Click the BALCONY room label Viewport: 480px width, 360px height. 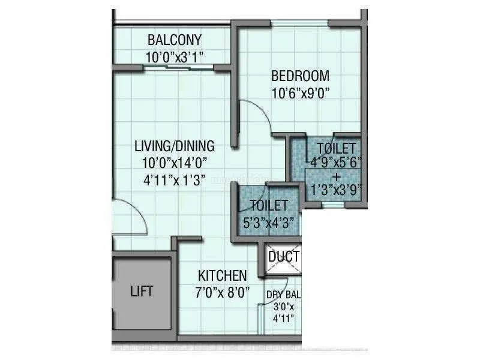tap(175, 40)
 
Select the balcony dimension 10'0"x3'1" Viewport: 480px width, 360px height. tap(175, 57)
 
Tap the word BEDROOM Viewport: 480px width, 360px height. tap(301, 76)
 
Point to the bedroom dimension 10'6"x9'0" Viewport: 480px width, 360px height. tap(301, 94)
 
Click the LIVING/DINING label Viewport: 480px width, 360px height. tap(175, 146)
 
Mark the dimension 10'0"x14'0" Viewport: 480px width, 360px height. tap(175, 163)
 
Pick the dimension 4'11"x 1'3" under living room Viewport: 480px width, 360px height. tap(175, 181)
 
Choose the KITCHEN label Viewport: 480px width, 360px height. tap(222, 276)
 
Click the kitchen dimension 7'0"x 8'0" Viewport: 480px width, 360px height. tap(222, 292)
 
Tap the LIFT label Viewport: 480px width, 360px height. tap(142, 292)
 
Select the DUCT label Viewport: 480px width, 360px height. tap(284, 257)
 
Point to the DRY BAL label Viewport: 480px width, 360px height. tap(283, 295)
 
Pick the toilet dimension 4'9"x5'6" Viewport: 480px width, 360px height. tap(336, 162)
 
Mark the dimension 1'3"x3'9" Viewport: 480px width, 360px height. tap(337, 190)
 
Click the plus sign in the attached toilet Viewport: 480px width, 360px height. tap(337, 177)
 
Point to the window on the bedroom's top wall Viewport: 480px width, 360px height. tap(299, 23)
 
